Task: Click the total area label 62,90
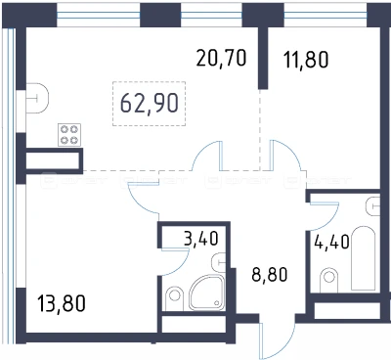tap(150, 103)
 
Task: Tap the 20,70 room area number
tap(221, 58)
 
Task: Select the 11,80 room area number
tap(306, 60)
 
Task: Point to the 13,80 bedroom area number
tap(62, 303)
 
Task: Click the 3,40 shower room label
tap(200, 238)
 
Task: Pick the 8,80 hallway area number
tap(270, 274)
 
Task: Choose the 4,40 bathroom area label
tap(332, 242)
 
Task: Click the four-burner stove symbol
tap(69, 135)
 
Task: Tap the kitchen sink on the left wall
tap(37, 98)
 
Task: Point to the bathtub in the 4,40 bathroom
tap(364, 258)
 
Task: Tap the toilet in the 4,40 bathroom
tap(329, 280)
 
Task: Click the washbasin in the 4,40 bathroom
tap(373, 206)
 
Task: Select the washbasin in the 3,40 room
tap(219, 262)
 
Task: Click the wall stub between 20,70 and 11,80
tap(263, 58)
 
